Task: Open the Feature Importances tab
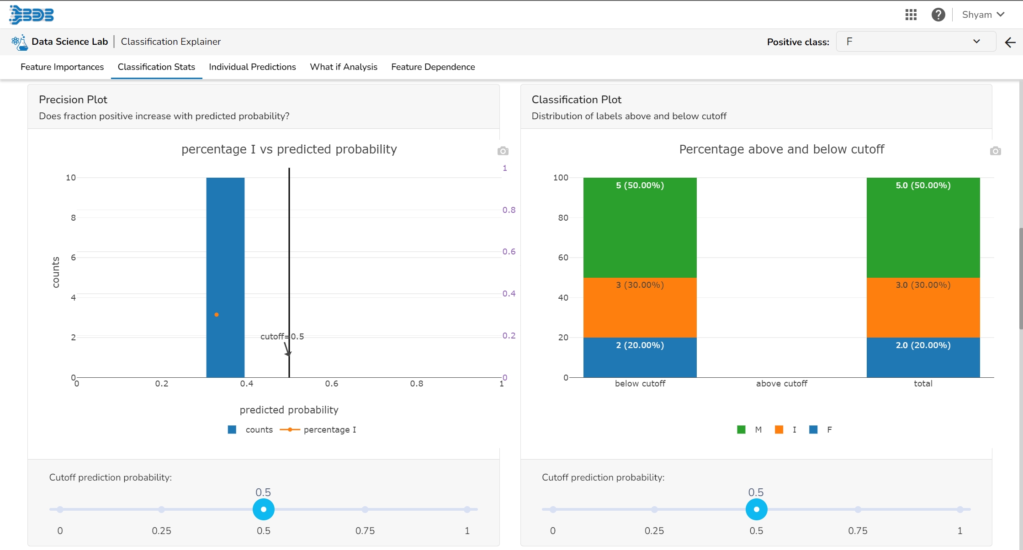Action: (x=62, y=67)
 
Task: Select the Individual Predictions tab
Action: (x=252, y=67)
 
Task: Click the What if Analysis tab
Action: (x=344, y=67)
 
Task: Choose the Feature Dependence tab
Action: (x=433, y=67)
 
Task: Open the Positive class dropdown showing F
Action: (x=915, y=42)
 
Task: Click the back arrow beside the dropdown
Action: (x=1010, y=42)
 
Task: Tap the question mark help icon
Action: (x=938, y=15)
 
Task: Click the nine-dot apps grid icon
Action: (x=911, y=15)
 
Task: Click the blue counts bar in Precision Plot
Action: (x=225, y=251)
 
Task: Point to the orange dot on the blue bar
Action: (x=217, y=315)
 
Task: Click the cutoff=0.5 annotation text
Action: (x=282, y=337)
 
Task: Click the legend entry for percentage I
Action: (x=329, y=430)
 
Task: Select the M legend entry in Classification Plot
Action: (x=758, y=430)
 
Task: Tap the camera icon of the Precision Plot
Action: (x=503, y=151)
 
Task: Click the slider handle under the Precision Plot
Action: (x=264, y=509)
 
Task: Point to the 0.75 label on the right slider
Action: (x=858, y=531)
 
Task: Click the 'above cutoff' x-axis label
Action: (x=781, y=384)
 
